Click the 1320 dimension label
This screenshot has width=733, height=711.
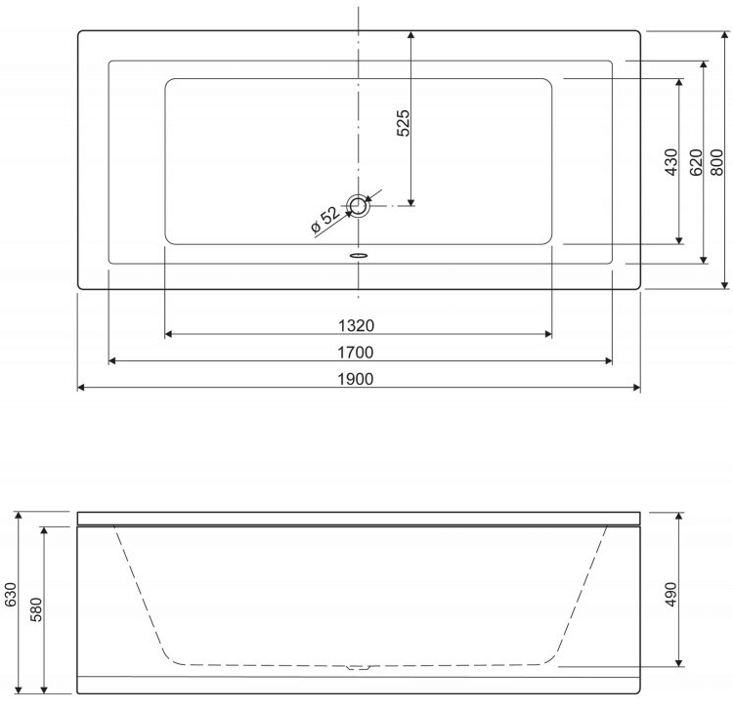point(356,325)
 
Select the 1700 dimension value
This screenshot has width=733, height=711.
point(356,353)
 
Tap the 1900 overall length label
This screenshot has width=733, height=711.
point(356,379)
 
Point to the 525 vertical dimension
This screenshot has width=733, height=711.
point(403,123)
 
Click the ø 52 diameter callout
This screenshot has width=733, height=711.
point(325,219)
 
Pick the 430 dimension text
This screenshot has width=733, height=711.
point(670,161)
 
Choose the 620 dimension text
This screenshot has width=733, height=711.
point(696,161)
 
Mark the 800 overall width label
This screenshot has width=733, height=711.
point(716,161)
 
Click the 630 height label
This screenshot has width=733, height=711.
point(11,594)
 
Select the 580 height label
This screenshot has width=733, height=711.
point(35,609)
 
